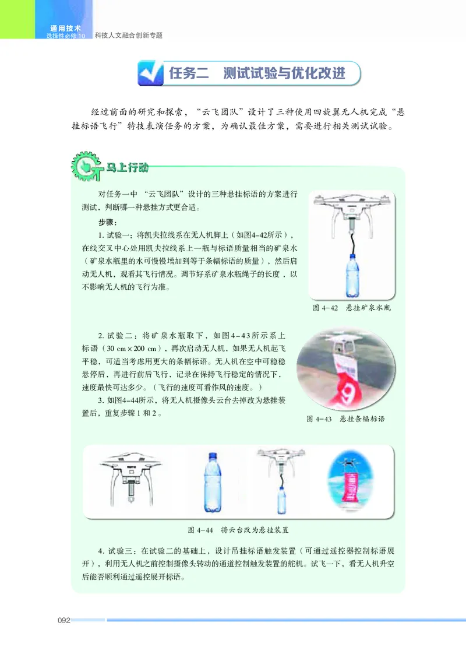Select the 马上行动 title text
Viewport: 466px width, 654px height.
126,168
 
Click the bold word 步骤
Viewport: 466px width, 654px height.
108,223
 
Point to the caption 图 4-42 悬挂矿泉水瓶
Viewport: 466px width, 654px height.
351,308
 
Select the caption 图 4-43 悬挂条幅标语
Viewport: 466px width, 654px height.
345,419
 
